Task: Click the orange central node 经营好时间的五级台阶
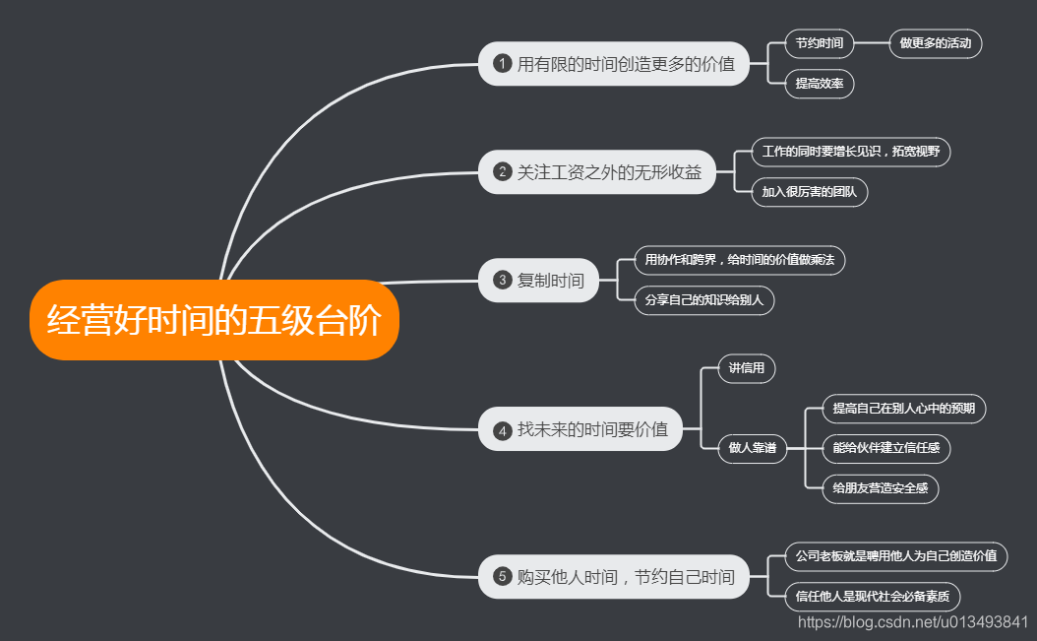coord(214,320)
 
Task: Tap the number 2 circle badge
coord(502,172)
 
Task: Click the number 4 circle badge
coord(502,429)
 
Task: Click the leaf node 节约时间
coord(820,43)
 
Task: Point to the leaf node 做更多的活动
coord(935,43)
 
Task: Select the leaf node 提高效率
coord(820,84)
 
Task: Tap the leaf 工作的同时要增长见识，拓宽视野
coord(851,152)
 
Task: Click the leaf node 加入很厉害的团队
coord(809,192)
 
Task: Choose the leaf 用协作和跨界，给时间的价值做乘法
coord(738,260)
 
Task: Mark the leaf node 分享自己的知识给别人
coord(703,300)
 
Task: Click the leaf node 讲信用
coord(747,369)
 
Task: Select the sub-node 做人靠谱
coord(753,449)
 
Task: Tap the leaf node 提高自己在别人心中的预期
coord(903,409)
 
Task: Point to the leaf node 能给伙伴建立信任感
coord(885,449)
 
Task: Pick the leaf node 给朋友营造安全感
coord(880,487)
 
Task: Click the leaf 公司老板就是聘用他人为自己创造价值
coord(896,556)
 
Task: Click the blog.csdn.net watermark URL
coord(913,621)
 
